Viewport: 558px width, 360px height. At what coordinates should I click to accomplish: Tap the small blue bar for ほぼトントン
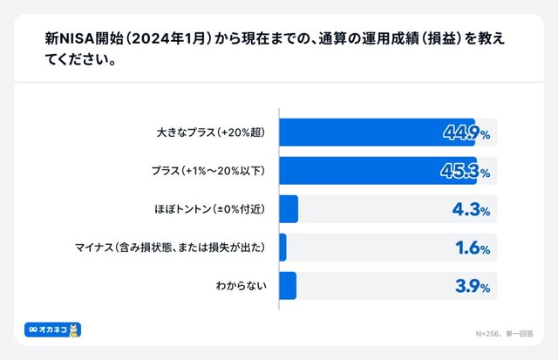[x=289, y=209]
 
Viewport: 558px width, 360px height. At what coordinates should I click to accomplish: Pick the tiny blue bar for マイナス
[x=282, y=248]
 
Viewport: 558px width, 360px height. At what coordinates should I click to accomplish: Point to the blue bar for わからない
[x=288, y=285]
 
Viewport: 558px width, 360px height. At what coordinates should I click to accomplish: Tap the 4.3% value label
[x=472, y=209]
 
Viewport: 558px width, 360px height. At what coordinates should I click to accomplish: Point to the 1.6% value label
[x=472, y=248]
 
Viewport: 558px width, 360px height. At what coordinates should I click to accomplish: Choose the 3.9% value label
[x=472, y=285]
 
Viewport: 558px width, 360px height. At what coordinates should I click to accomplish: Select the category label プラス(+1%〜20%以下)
[x=207, y=171]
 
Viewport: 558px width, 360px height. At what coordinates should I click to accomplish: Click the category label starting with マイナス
[x=174, y=248]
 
